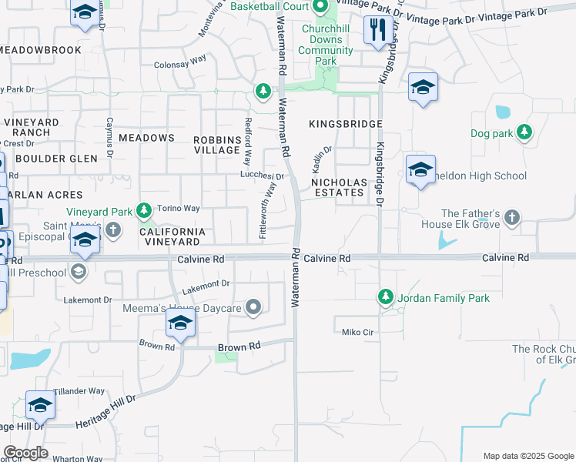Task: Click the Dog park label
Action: coord(491,133)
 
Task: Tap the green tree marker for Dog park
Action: coord(524,132)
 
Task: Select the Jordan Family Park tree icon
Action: coord(386,296)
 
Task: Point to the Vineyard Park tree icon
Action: coord(143,210)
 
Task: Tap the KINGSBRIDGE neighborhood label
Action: coord(346,124)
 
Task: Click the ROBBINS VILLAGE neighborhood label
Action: coord(217,144)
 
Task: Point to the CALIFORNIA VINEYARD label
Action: coord(172,237)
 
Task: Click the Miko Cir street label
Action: coord(358,333)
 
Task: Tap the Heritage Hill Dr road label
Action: coord(105,412)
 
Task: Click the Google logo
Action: coord(25,453)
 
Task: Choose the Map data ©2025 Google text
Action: coord(527,456)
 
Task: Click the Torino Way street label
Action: coord(179,209)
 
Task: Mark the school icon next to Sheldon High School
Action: coord(420,170)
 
